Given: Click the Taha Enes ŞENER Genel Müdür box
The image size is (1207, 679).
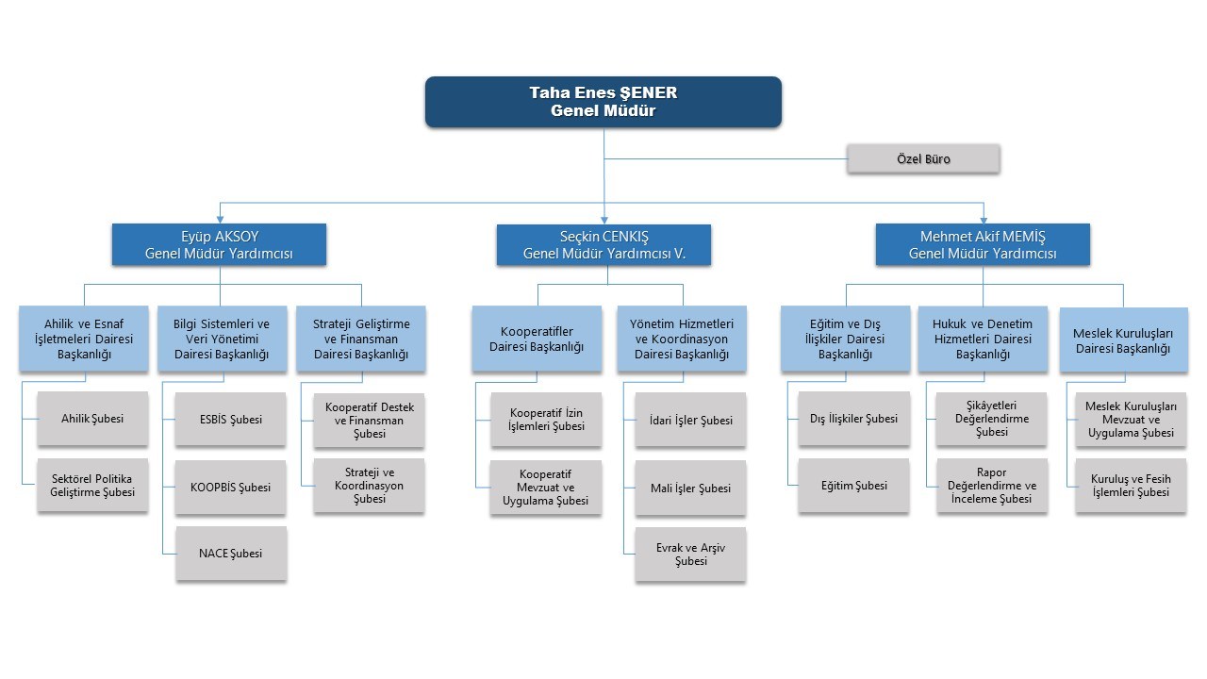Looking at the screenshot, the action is point(603,102).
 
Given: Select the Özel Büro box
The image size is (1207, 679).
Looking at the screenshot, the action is point(923,159).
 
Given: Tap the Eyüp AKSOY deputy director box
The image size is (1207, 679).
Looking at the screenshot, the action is point(219,244).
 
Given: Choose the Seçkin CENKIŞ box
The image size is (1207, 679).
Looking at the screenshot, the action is point(603,244).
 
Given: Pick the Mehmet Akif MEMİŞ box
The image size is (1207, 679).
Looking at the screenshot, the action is point(983,244).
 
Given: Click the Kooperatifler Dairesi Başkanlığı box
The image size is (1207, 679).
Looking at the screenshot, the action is point(537,339).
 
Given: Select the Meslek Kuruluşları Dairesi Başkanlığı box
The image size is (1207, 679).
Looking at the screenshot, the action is point(1123,339).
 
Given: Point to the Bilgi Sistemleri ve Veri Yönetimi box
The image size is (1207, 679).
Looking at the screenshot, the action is point(222,339).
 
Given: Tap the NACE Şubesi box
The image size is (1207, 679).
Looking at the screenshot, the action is point(231,554).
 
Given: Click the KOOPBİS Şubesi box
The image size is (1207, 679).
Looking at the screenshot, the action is point(231,488).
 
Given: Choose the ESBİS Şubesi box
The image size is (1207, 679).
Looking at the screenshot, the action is point(231,420).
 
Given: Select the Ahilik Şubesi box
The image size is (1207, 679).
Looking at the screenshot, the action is point(92,419).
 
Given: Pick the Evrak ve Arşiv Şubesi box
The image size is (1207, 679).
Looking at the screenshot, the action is point(691,555).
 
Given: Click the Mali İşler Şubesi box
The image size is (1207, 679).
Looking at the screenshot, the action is point(691,489).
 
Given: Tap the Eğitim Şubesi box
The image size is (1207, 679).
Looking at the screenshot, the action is point(853,486).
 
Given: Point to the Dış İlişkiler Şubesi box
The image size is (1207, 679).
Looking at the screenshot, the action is point(854,419).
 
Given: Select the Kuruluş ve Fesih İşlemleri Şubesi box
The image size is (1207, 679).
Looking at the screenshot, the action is point(1131,486).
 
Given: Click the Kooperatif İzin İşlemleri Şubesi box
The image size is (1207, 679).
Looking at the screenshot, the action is point(546,420).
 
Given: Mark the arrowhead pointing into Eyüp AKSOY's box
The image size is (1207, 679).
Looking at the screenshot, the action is point(220,220).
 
